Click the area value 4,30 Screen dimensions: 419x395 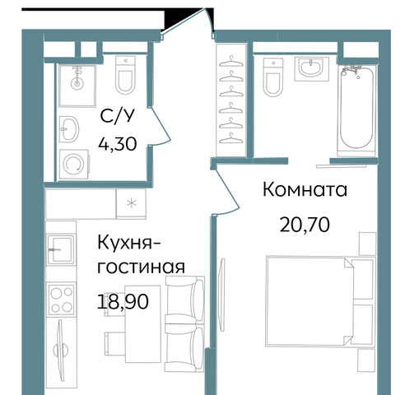[118, 144]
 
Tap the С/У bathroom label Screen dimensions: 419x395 [118, 116]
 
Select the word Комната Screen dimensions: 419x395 [305, 189]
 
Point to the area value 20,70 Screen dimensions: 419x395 [305, 225]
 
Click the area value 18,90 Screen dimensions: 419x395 [123, 302]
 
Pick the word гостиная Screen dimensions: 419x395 [142, 267]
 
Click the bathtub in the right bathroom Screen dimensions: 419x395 [356, 110]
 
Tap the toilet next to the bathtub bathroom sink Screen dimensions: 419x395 [273, 77]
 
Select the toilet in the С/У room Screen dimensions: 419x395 [125, 75]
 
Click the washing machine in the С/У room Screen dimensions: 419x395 [74, 164]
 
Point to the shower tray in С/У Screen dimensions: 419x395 [77, 86]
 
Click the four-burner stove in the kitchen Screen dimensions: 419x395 [62, 300]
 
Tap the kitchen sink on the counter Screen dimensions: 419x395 [61, 249]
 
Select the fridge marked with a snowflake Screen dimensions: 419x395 [131, 203]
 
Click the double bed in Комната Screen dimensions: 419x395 [320, 302]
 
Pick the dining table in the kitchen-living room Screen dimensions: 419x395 [142, 323]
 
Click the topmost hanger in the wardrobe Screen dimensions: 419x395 [231, 62]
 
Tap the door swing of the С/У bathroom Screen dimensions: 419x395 [160, 126]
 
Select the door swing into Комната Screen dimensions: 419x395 [226, 192]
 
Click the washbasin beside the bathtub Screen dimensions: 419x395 [311, 68]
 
